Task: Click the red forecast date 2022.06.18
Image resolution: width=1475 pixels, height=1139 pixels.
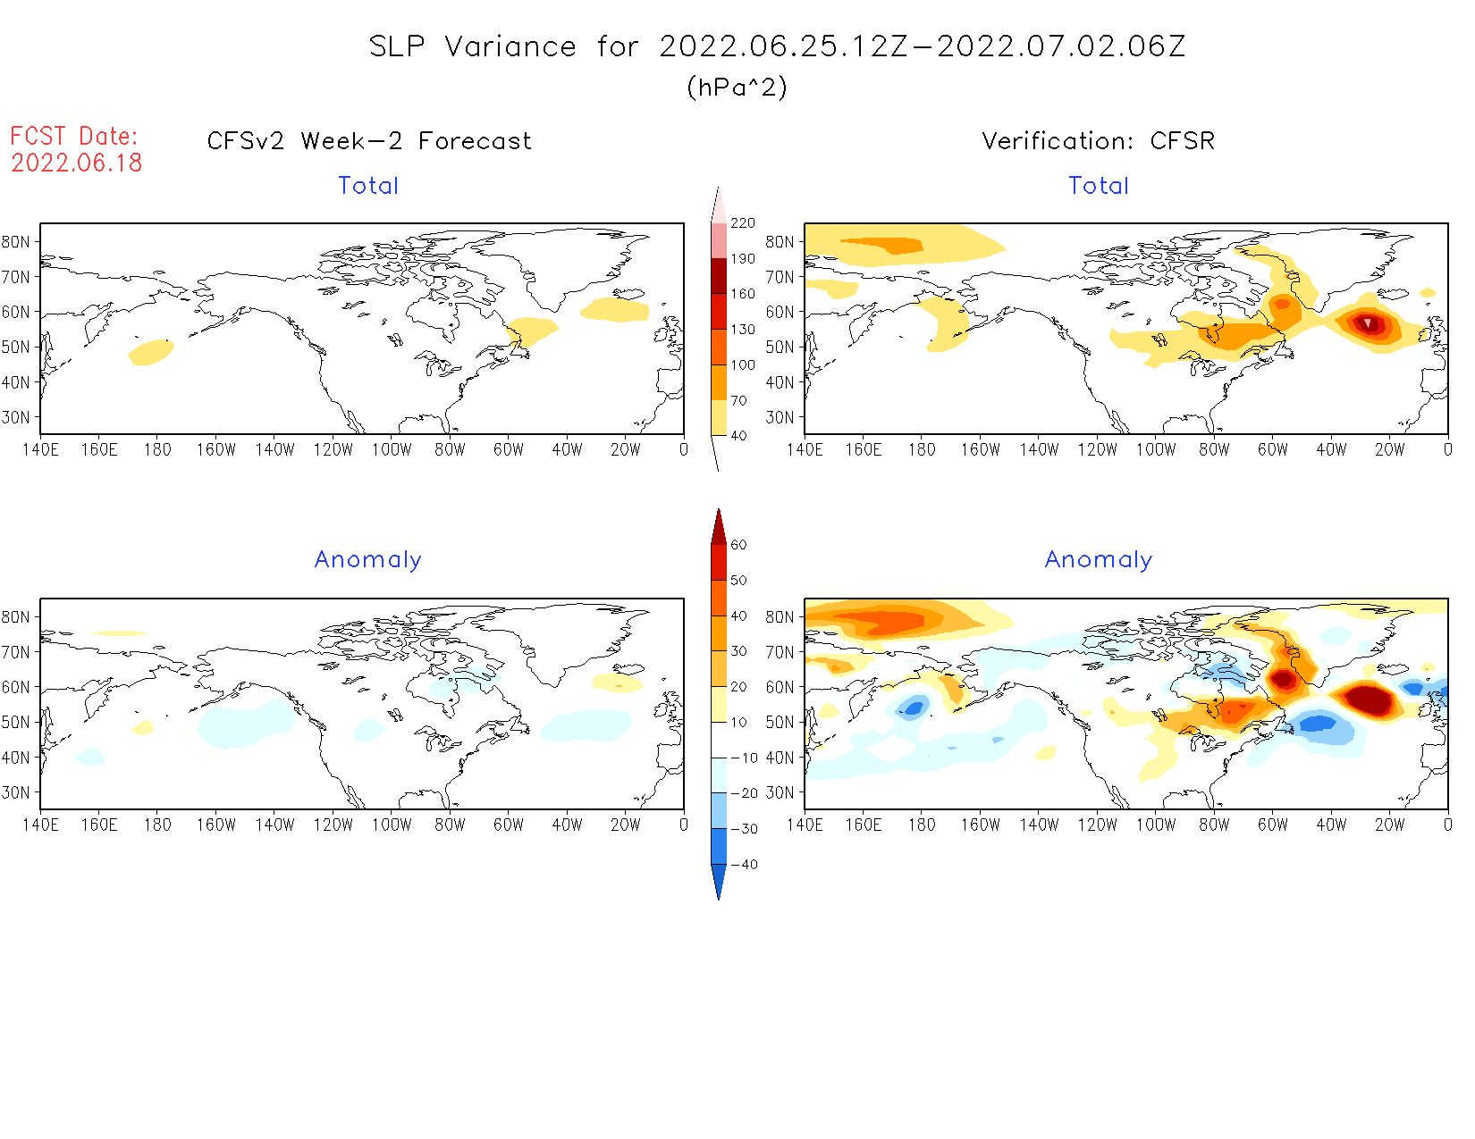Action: [77, 163]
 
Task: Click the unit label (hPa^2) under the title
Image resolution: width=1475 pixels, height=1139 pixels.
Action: [737, 87]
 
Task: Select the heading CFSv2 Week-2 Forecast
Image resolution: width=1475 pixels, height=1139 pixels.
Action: [369, 141]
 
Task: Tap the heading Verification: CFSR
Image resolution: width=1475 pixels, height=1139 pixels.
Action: [1098, 141]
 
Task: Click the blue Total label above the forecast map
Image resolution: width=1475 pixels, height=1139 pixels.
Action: [368, 186]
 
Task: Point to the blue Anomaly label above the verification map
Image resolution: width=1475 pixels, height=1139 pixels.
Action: [1099, 559]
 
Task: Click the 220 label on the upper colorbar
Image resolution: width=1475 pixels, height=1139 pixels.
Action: [743, 223]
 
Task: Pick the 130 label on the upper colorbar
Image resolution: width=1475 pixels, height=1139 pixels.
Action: [743, 330]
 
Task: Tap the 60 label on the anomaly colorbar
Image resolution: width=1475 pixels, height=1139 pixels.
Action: [738, 545]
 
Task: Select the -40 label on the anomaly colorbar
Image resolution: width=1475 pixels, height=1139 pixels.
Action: [744, 865]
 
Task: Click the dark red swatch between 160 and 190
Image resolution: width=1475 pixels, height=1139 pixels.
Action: [719, 276]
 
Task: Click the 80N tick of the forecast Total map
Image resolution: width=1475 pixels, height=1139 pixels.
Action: [16, 242]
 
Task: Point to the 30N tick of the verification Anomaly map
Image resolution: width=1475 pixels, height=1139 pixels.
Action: [780, 792]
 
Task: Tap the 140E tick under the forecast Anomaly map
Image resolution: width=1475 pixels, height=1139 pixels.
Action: [41, 825]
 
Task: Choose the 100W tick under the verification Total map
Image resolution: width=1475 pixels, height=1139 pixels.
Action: [1156, 449]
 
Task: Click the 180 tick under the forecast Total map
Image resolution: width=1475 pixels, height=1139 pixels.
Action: [157, 449]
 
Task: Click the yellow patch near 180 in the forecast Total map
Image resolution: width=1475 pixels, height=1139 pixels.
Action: [151, 352]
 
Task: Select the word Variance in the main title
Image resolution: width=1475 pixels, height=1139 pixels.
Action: [510, 46]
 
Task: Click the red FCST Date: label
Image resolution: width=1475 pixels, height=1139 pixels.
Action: [74, 136]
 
